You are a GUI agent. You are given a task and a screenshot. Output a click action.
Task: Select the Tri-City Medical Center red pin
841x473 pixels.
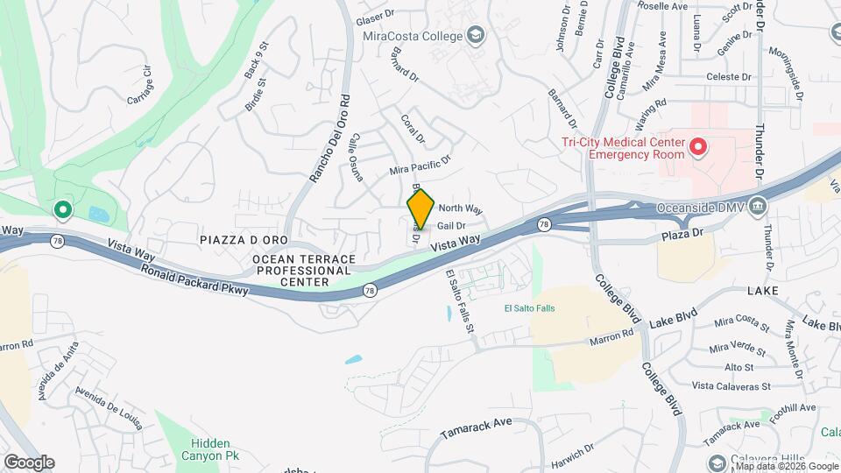tap(698, 146)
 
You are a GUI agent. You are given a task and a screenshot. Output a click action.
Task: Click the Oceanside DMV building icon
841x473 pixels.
tap(759, 208)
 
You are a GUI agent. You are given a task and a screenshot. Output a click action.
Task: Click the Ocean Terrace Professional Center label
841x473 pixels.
tap(304, 272)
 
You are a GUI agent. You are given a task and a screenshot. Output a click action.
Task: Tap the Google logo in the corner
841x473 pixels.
tap(29, 462)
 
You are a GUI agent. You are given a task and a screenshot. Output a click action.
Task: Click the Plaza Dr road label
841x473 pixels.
tap(683, 235)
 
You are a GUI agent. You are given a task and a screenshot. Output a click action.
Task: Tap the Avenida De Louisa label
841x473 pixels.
tap(109, 408)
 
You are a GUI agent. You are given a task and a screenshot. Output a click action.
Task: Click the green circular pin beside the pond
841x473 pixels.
tap(62, 209)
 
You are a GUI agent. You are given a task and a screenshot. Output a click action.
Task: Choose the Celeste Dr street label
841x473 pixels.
tap(729, 76)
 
